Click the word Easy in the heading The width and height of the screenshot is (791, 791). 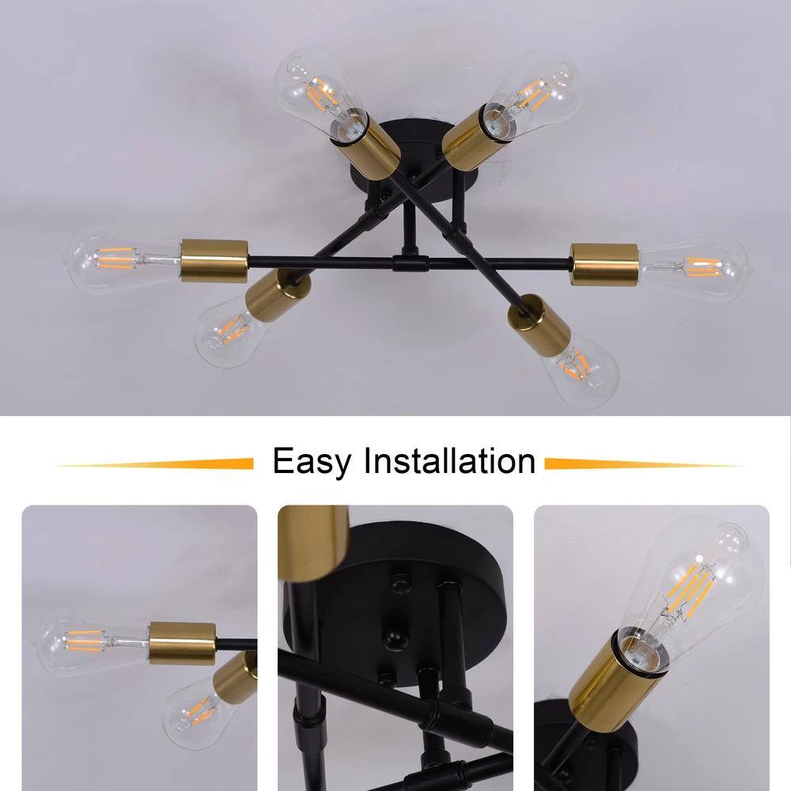312,461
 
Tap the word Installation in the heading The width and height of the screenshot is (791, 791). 449,460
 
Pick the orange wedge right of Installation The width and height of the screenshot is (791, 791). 641,464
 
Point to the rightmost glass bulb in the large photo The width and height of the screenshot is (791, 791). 695,271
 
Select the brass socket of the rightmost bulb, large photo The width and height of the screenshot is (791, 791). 604,264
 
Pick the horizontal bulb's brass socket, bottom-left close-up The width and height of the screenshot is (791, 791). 182,642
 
